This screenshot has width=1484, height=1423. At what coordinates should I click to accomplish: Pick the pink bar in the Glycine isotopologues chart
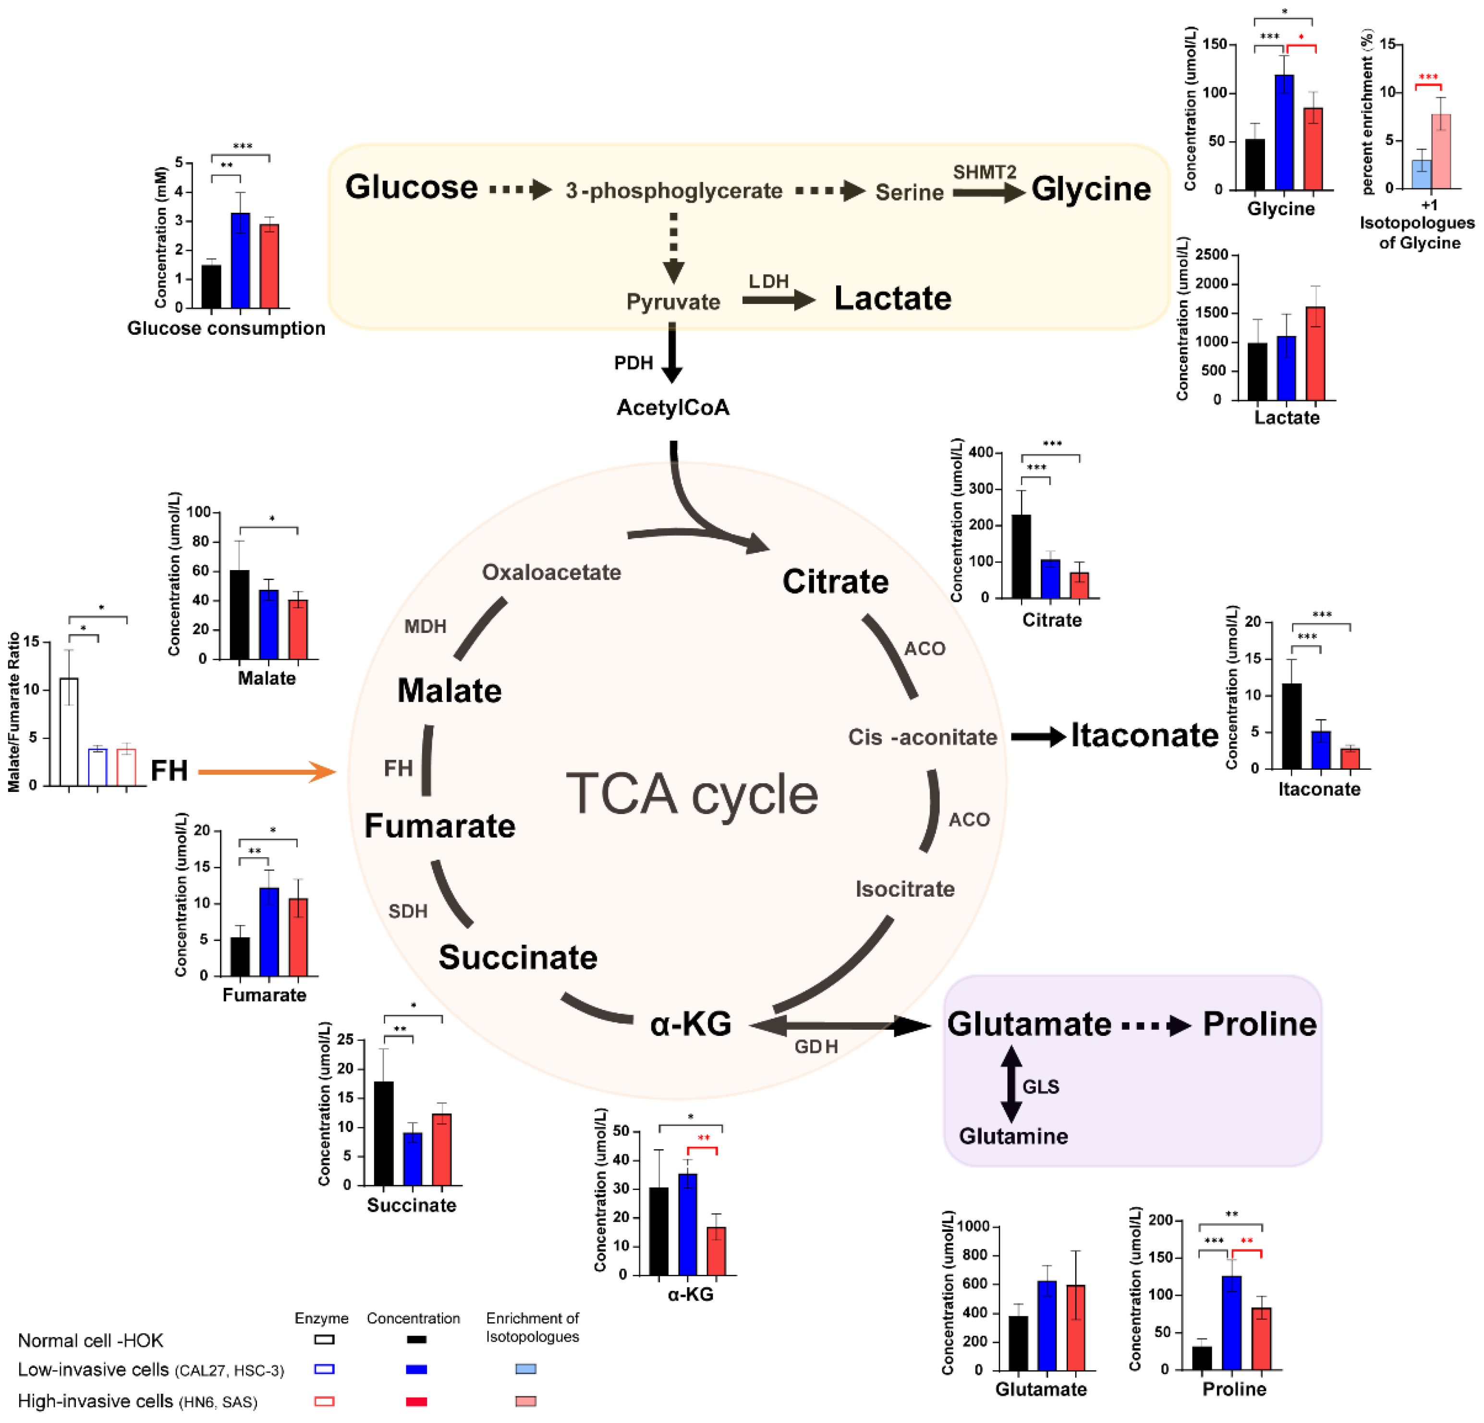[1440, 151]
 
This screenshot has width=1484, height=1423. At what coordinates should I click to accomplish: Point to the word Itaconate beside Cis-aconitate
[1143, 735]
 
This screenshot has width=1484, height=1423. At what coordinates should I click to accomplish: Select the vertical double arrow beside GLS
[1011, 1084]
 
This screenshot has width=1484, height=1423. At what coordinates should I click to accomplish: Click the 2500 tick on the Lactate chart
[1211, 255]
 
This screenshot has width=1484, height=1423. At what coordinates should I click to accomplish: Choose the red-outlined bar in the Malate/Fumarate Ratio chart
[126, 767]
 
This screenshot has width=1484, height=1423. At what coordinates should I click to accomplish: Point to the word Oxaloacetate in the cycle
[551, 572]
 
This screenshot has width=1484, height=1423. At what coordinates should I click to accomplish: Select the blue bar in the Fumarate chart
[269, 932]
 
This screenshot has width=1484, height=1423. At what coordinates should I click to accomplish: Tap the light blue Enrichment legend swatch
[525, 1368]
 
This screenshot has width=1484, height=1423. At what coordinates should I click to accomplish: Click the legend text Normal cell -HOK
[90, 1340]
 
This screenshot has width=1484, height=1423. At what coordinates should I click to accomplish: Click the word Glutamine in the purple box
[1013, 1136]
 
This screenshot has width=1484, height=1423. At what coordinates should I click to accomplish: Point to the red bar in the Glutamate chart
[1075, 1327]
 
